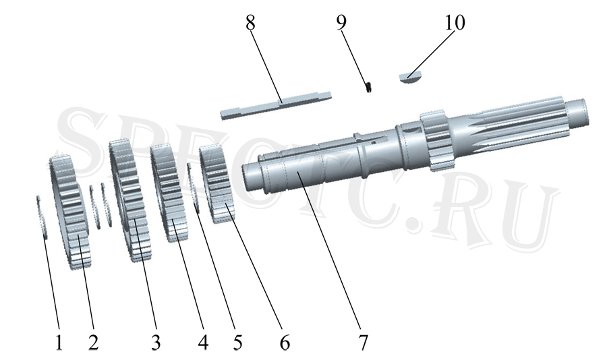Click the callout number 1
click(59, 342)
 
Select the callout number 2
click(93, 342)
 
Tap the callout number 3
click(156, 342)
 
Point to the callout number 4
click(203, 342)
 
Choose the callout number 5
click(237, 342)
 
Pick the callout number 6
click(285, 342)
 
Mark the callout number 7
click(363, 342)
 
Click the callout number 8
click(250, 23)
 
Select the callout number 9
click(341, 23)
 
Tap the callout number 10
click(455, 23)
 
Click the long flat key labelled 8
click(276, 105)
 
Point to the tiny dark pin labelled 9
click(369, 87)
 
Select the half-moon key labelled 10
click(409, 77)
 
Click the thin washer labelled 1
click(42, 217)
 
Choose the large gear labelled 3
click(130, 201)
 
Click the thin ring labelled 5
click(193, 187)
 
